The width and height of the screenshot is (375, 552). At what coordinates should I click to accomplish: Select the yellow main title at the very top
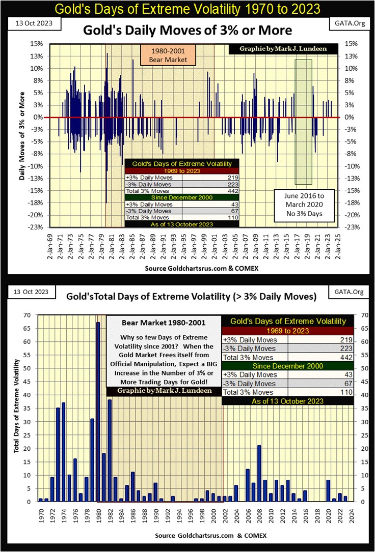point(187,9)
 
